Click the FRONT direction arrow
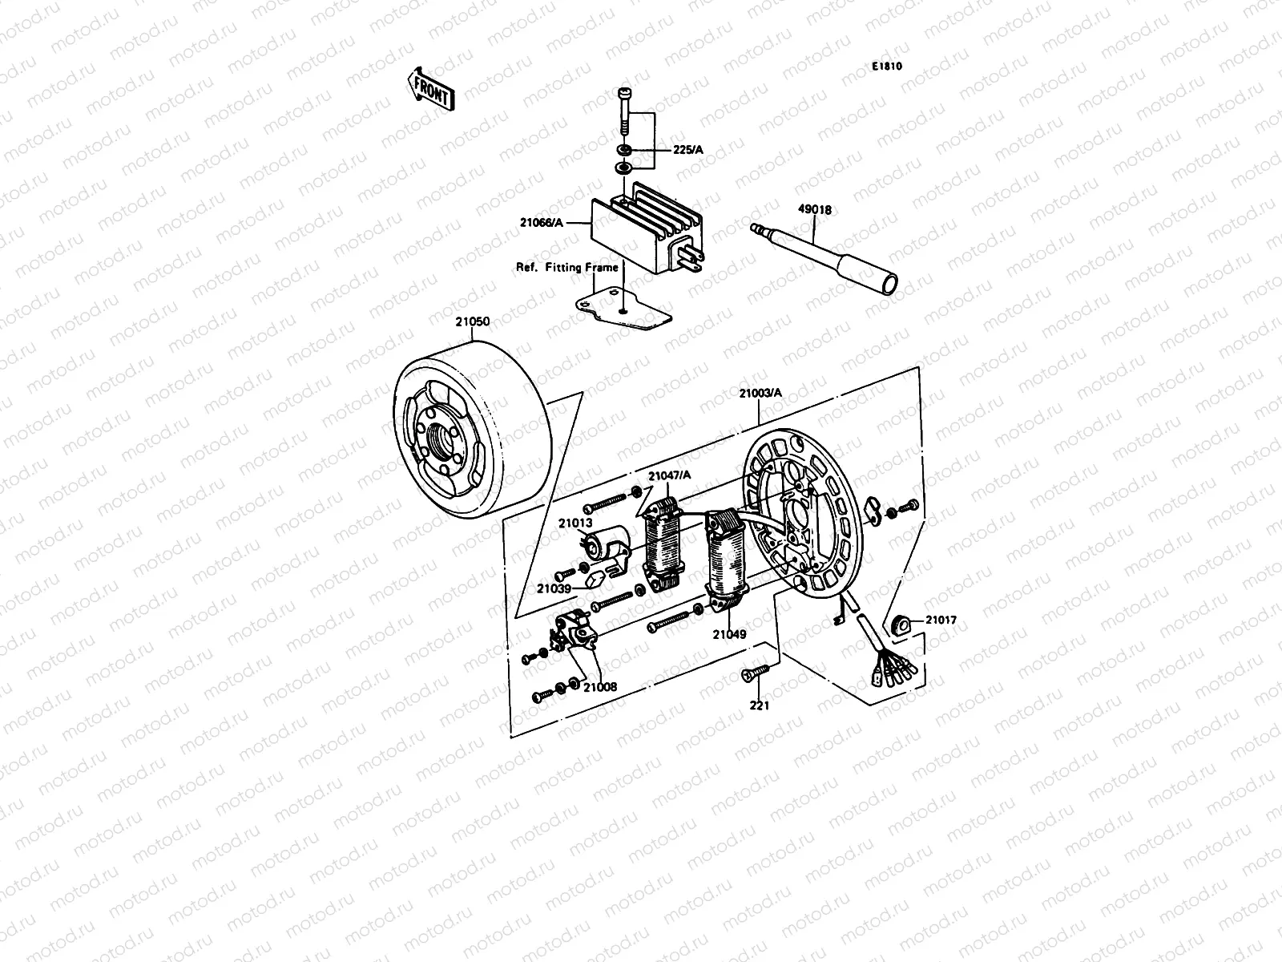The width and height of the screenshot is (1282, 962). [431, 88]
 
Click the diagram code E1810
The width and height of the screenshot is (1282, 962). [888, 67]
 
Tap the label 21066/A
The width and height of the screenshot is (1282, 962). [541, 224]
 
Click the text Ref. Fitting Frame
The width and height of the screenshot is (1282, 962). [566, 267]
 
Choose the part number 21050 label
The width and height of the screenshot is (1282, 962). [473, 321]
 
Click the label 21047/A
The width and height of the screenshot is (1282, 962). [670, 475]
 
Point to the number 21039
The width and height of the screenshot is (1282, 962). [554, 588]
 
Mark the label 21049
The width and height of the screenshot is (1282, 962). [729, 634]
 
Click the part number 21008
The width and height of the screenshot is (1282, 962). [600, 686]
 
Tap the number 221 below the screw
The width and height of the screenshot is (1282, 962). [759, 705]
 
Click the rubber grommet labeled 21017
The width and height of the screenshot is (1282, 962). [903, 623]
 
